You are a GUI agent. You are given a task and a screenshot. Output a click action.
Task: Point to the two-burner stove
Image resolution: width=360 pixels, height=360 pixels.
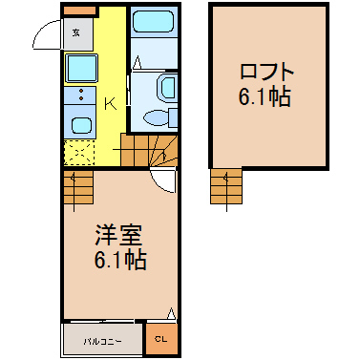point(80,95)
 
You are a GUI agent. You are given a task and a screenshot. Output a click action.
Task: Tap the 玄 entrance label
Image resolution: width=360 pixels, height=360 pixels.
point(75,32)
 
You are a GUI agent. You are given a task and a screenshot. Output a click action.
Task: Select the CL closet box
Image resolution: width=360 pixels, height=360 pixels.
point(159,338)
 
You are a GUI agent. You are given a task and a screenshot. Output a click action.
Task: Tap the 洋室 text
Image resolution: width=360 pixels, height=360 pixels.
point(120,233)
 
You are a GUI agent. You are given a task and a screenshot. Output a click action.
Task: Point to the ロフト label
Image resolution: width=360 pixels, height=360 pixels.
point(268,72)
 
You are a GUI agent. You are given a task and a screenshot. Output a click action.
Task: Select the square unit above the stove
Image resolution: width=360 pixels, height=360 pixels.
point(80,67)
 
